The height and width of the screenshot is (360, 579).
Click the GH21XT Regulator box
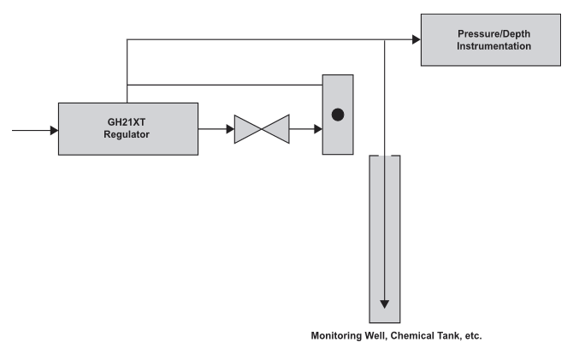[x=127, y=128]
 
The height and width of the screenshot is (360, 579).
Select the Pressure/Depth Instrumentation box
[x=490, y=39]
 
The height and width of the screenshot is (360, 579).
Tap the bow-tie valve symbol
[x=262, y=129]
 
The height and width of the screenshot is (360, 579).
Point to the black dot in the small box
[x=337, y=115]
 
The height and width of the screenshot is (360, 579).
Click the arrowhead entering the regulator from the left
[x=53, y=130]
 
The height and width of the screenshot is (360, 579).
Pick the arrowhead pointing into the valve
[x=229, y=130]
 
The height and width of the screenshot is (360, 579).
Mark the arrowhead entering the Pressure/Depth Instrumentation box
[x=416, y=39]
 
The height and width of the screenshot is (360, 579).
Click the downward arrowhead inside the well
[x=385, y=304]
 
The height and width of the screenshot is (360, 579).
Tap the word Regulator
[x=127, y=134]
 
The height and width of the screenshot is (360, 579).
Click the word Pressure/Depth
[x=490, y=33]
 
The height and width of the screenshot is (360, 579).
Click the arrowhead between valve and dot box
[x=317, y=130]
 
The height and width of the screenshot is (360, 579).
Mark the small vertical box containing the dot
[x=337, y=115]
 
